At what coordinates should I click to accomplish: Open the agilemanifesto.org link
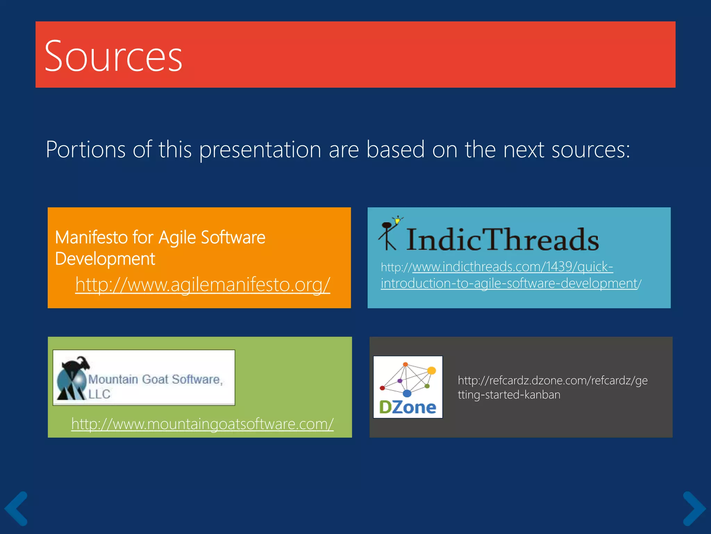(x=202, y=284)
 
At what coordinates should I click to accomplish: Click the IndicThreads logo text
(x=502, y=240)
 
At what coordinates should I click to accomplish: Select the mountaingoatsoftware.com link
(x=202, y=424)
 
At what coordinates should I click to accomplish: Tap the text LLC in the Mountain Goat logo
(x=99, y=394)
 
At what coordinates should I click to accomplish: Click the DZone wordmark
(x=408, y=407)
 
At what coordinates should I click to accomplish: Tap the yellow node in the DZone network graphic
(x=432, y=370)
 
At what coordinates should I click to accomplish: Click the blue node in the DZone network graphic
(x=407, y=394)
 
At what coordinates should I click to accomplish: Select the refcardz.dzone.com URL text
(x=552, y=380)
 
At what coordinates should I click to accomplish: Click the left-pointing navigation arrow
(x=16, y=509)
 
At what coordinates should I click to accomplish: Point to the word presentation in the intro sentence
(x=260, y=149)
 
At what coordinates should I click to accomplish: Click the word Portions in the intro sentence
(x=86, y=149)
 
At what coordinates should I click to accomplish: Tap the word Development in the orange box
(x=105, y=259)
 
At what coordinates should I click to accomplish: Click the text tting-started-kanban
(x=509, y=395)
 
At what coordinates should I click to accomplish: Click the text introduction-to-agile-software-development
(x=509, y=283)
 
